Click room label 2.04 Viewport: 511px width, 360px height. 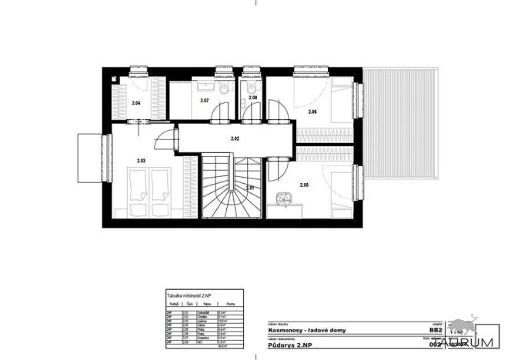point(136,102)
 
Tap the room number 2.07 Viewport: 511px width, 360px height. point(205,101)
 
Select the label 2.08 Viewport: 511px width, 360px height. point(252,98)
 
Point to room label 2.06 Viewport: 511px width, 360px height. point(312,112)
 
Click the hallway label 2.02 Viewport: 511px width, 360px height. point(235,138)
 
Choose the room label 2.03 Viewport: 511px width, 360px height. point(141,161)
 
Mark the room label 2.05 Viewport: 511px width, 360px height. point(304,185)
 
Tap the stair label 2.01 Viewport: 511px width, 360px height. point(251,188)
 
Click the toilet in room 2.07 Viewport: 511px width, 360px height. point(222,90)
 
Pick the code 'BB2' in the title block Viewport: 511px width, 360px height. point(436,329)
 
